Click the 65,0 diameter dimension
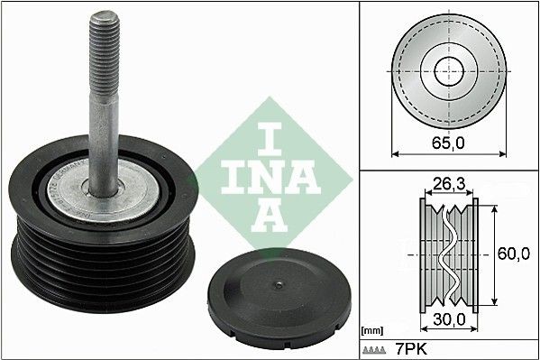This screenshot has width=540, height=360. (447, 142)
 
